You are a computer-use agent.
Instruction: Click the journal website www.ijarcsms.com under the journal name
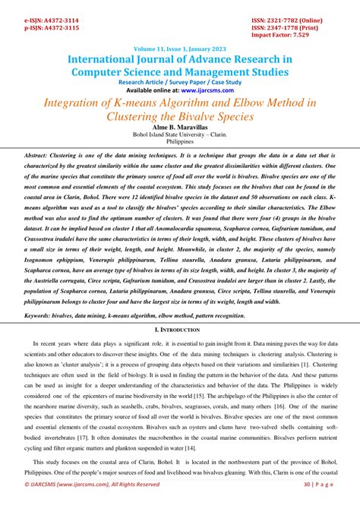pyautogui.click(x=199, y=90)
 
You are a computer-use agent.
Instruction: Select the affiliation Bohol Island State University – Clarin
pyautogui.click(x=180, y=136)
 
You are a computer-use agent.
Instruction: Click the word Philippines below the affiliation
pyautogui.click(x=180, y=143)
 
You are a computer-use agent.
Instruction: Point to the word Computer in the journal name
pyautogui.click(x=103, y=72)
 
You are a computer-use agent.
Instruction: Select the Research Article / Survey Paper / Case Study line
pyautogui.click(x=179, y=82)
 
